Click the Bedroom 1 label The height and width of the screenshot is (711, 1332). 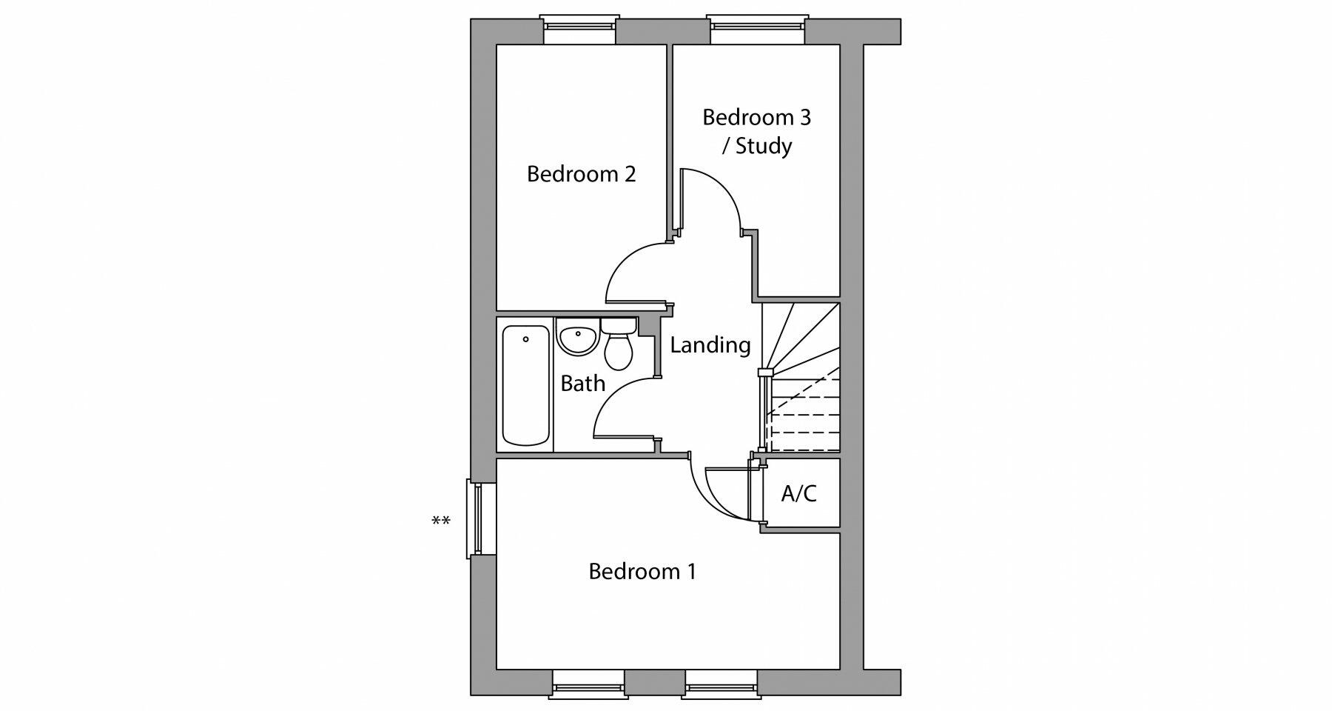pos(642,572)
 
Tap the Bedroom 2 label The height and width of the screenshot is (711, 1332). pos(581,174)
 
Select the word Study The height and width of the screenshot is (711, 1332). pos(764,146)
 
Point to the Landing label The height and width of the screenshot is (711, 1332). pos(710,345)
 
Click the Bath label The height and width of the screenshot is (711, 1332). pos(582,384)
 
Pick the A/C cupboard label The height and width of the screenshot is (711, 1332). pos(798,493)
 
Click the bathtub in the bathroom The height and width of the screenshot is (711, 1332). pos(525,385)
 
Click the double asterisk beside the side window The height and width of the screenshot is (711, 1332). pos(440,521)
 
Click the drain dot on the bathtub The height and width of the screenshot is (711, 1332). pos(525,340)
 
